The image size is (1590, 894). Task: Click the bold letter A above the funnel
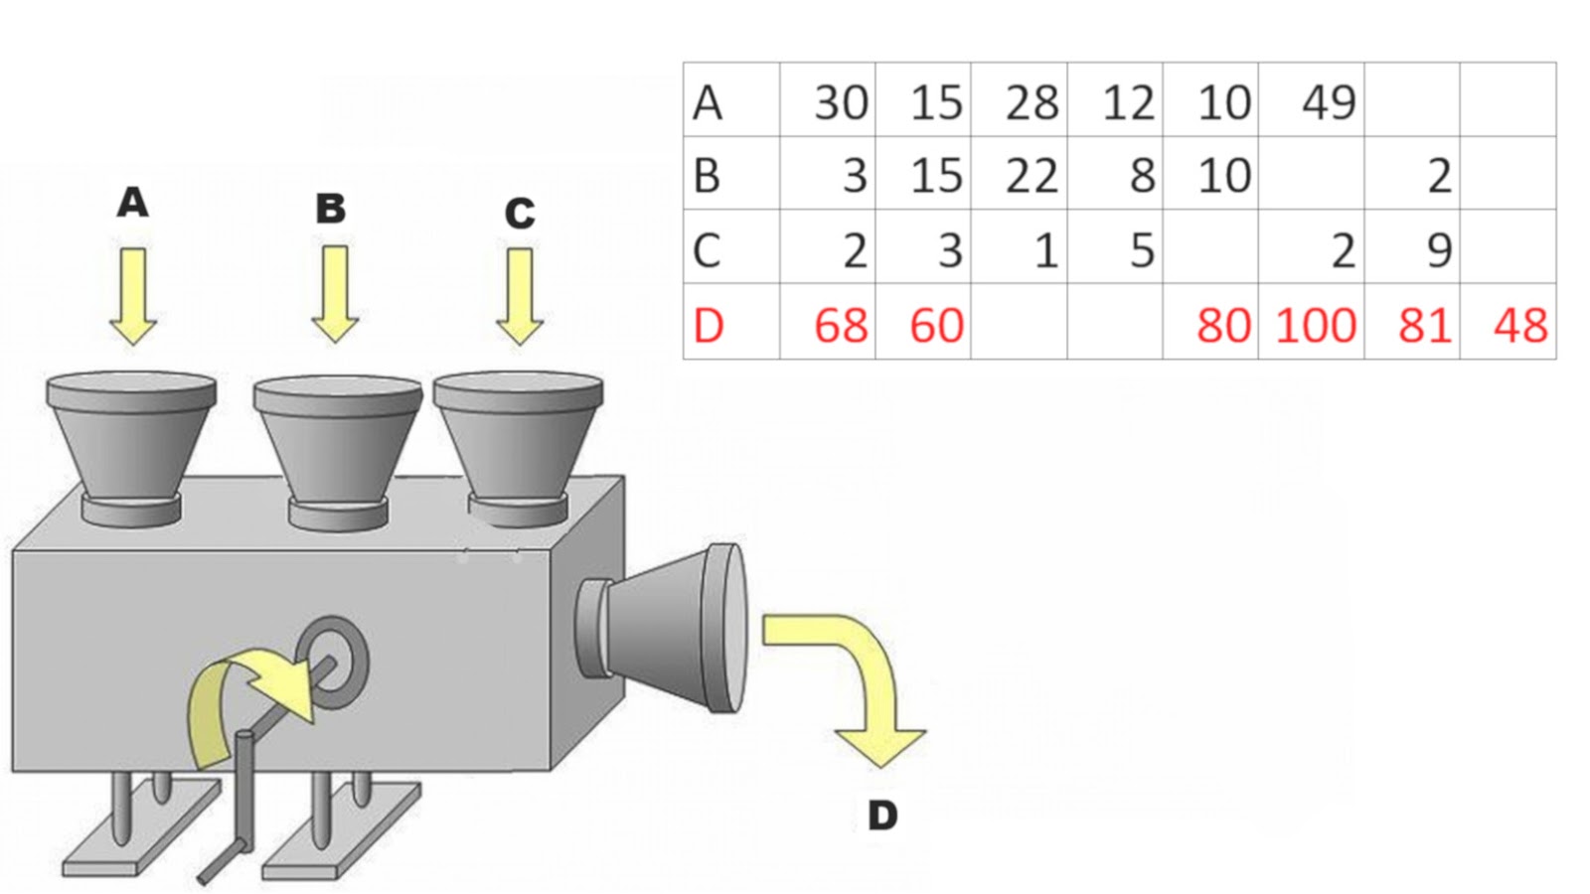(x=132, y=203)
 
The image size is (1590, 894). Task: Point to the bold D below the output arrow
(x=882, y=817)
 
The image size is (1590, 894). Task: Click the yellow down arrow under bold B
(x=335, y=294)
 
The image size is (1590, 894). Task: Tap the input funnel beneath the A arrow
(x=131, y=442)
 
